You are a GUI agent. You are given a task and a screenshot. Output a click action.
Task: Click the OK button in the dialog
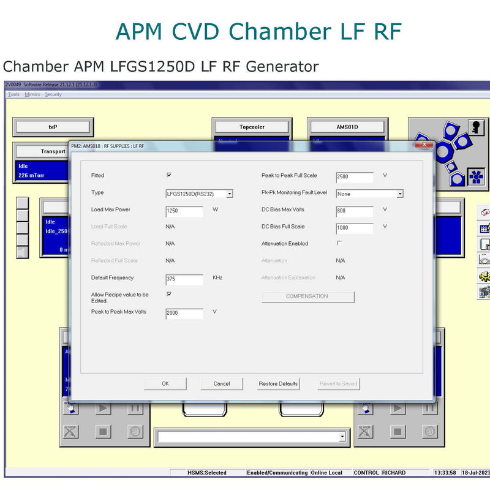(x=165, y=383)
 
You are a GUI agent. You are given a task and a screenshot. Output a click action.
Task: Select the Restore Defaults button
(x=278, y=383)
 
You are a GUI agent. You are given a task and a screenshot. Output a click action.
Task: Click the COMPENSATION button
(x=307, y=296)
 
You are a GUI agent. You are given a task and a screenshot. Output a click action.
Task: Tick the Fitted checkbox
(x=169, y=175)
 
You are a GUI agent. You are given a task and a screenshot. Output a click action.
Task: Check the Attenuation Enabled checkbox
(x=339, y=243)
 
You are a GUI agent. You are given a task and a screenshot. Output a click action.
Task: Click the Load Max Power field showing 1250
(x=184, y=212)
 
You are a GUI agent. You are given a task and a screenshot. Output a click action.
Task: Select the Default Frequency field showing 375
(x=184, y=280)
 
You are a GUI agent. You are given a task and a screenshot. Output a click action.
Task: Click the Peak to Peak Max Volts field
(x=184, y=314)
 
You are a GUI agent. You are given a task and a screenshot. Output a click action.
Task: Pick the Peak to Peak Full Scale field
(x=355, y=178)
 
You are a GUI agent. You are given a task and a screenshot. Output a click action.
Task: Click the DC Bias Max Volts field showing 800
(x=355, y=212)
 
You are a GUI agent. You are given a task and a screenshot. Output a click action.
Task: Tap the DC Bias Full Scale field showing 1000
(x=355, y=229)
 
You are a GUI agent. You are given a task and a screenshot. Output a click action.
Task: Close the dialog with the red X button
(x=424, y=145)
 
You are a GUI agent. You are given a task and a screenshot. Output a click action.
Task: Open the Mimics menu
(x=32, y=94)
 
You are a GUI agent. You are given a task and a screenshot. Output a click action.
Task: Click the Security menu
(x=53, y=94)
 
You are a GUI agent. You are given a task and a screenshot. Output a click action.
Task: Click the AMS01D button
(x=347, y=127)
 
